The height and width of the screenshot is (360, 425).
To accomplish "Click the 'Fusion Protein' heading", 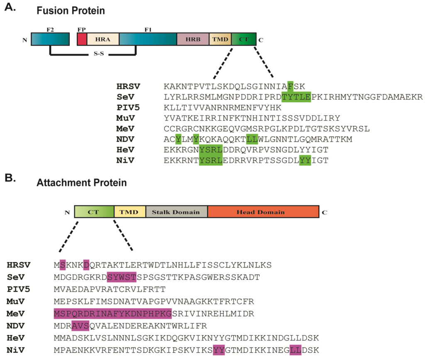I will (x=70, y=11).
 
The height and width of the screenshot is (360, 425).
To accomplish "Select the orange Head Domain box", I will (x=263, y=212).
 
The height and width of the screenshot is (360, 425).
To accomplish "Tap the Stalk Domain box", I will (x=176, y=212).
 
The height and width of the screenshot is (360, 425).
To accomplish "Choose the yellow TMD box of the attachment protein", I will (x=129, y=212).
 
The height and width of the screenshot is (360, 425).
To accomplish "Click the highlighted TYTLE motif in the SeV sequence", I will (x=296, y=97).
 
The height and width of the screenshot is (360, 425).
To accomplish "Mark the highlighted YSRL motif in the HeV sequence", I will (x=211, y=149).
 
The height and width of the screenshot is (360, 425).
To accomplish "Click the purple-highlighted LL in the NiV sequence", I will (x=296, y=350).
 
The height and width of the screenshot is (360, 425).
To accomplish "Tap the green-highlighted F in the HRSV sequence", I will (x=290, y=86).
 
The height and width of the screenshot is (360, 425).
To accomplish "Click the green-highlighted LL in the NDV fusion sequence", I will (x=252, y=139).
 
